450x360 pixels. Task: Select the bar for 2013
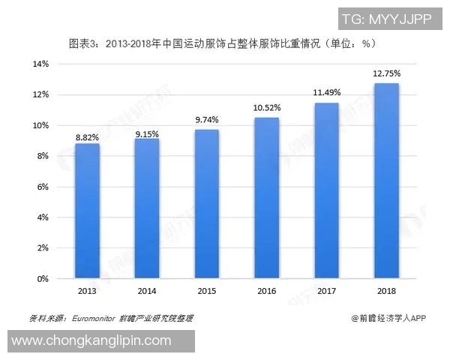click(x=87, y=211)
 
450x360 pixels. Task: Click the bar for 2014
click(x=147, y=208)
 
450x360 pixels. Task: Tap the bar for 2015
click(x=207, y=204)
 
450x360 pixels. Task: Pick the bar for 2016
click(x=267, y=198)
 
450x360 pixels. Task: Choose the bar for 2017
click(x=327, y=190)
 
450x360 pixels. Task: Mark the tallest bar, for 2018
click(x=387, y=181)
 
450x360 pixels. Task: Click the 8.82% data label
click(x=87, y=137)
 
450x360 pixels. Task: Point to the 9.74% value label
click(x=207, y=120)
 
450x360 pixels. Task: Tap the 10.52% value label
click(x=267, y=108)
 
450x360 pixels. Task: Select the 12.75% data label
click(x=387, y=73)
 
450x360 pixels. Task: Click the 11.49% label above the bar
click(x=327, y=93)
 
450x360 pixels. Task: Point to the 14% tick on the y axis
click(x=40, y=64)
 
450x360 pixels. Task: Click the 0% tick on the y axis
click(x=43, y=279)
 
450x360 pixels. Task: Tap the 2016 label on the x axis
click(x=267, y=290)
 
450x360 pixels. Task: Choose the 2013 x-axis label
click(x=87, y=290)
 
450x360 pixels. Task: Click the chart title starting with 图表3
click(x=222, y=43)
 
